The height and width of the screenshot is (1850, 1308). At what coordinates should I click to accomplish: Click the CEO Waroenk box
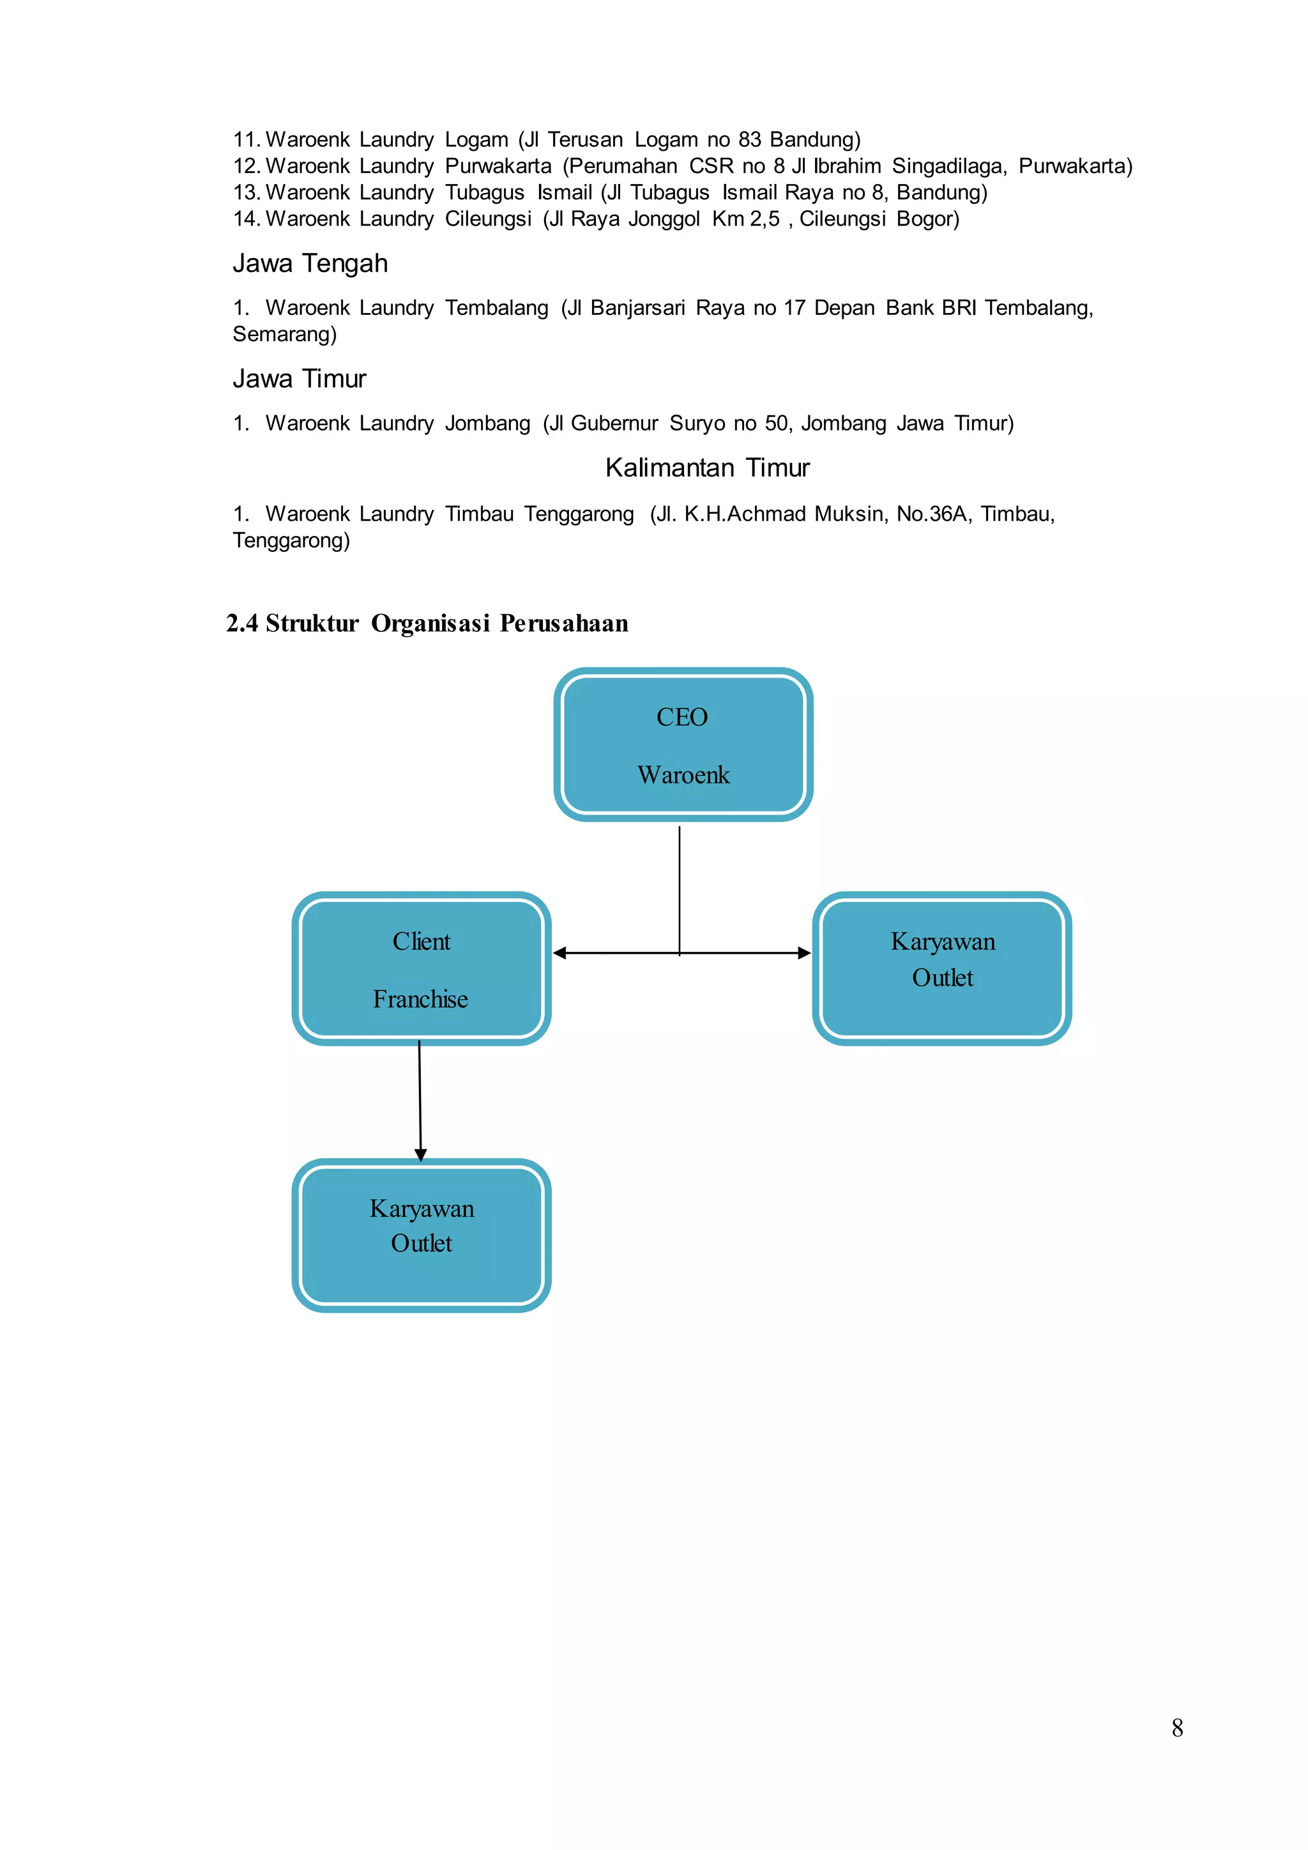tap(683, 744)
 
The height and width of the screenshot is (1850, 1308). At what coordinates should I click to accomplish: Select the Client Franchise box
tap(422, 968)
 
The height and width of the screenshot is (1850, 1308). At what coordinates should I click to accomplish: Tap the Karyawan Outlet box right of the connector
tap(941, 968)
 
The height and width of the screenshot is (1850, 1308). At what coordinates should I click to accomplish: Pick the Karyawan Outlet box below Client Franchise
tap(422, 1235)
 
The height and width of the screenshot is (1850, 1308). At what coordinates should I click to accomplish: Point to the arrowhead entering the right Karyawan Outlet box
tap(804, 953)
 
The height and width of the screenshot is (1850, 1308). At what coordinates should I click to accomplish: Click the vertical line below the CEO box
tap(680, 886)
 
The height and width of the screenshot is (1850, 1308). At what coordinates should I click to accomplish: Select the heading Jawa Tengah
tap(310, 263)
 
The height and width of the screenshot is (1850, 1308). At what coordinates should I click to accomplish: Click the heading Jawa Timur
tap(299, 379)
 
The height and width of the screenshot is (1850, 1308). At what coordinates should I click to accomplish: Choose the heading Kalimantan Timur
tap(707, 468)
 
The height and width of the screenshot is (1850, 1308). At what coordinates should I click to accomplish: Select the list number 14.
tap(246, 219)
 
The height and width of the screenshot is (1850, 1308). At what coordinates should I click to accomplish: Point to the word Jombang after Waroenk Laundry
tap(487, 424)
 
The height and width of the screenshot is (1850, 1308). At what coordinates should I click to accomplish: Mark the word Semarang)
tap(284, 334)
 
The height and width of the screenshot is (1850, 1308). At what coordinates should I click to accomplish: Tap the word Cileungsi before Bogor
tap(842, 219)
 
